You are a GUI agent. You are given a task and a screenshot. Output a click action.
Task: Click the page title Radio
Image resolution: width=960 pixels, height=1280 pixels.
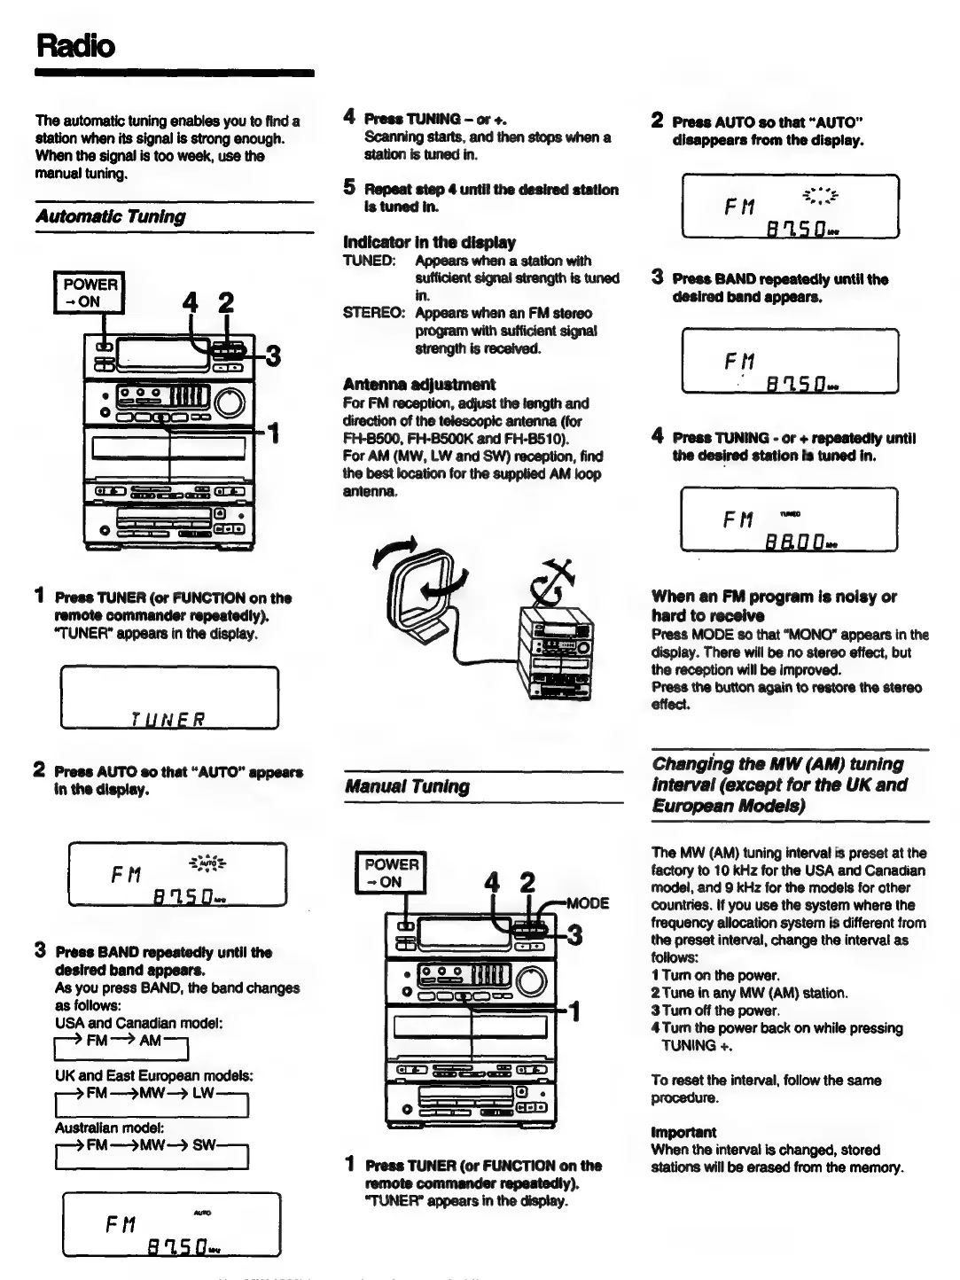[75, 44]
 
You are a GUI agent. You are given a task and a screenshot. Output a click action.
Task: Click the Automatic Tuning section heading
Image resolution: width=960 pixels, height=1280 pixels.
[111, 216]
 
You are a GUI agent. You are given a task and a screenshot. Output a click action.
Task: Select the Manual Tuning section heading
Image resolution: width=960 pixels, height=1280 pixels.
[407, 786]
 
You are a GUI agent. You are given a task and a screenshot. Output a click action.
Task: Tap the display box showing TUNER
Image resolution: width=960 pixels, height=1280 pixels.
[169, 698]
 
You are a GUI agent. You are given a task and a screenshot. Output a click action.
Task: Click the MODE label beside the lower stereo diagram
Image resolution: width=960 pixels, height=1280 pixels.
[587, 903]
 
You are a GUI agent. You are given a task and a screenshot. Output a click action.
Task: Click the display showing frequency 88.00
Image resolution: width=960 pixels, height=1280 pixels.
[789, 519]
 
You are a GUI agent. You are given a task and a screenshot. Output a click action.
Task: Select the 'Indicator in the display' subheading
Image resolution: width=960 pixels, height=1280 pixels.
[429, 242]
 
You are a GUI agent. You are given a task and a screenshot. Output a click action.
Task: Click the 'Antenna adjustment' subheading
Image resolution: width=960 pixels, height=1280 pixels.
[418, 384]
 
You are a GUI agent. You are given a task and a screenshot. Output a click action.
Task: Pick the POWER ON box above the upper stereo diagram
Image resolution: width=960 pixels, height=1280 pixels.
[90, 293]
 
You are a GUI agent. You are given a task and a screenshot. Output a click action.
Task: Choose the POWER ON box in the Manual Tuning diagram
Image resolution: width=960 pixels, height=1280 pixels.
[390, 872]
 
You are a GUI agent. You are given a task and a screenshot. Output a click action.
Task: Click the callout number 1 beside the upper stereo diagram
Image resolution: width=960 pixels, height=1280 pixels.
[275, 433]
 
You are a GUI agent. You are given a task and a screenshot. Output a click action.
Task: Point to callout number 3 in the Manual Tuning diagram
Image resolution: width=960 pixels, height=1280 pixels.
[574, 935]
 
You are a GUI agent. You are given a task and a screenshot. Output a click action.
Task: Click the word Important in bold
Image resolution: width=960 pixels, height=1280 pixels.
[683, 1132]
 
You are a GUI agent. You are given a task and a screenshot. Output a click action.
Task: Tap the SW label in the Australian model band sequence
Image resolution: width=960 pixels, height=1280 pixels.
[204, 1144]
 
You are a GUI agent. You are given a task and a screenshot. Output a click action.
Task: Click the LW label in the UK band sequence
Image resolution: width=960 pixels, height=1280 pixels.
[203, 1093]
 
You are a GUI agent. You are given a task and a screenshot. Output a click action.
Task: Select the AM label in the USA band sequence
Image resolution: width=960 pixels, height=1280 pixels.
[150, 1040]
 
